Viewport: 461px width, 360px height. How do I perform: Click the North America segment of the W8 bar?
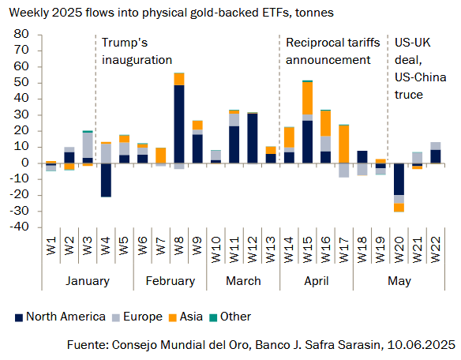coord(179,124)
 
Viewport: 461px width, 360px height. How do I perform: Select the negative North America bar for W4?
coord(106,180)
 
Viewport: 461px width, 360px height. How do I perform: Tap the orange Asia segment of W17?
coord(343,144)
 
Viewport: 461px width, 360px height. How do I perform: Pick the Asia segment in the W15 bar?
coord(307,98)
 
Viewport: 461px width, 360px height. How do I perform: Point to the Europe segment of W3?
coord(88,145)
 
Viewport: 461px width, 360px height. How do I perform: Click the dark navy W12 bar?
coord(253,138)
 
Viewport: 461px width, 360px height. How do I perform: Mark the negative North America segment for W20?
coord(399,179)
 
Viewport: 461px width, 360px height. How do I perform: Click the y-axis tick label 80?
coord(21,34)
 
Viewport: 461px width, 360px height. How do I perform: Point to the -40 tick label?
coord(19,227)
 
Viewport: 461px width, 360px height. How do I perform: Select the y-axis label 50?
coord(21,82)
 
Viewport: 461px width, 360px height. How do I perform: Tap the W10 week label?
coord(216,249)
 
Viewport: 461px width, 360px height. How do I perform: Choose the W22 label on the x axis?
coord(436,249)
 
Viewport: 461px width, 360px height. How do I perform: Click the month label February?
coord(171,281)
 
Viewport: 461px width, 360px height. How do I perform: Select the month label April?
coord(317,281)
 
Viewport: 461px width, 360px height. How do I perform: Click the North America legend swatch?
coord(19,317)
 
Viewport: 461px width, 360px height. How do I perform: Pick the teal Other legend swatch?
coord(213,317)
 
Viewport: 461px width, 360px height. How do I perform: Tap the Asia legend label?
coord(191,317)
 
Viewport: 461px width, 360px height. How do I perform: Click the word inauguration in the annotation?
coord(137,60)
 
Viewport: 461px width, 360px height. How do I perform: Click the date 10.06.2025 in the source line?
coord(421,345)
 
